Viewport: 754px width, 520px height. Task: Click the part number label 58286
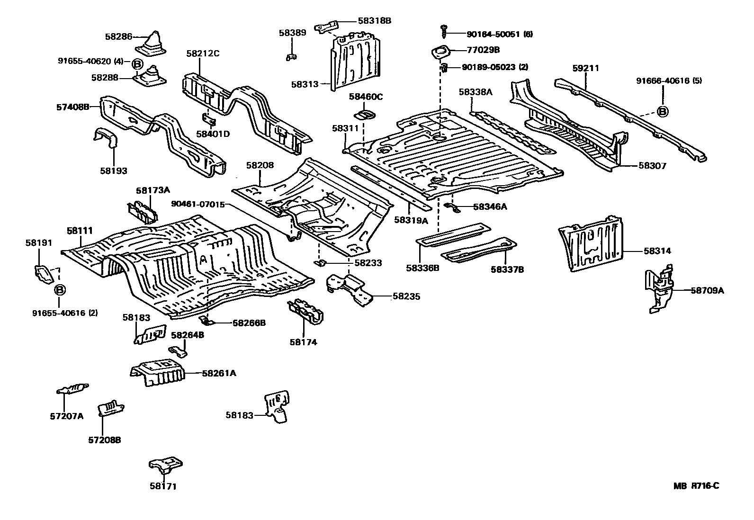point(118,36)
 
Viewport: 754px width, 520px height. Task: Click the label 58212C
point(202,54)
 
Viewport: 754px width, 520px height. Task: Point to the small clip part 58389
point(291,57)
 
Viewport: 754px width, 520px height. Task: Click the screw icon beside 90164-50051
point(445,31)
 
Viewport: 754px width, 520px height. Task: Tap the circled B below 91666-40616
point(663,112)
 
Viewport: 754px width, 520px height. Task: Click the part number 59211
point(585,68)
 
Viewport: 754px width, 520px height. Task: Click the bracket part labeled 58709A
point(660,290)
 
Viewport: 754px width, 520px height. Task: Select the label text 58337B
point(507,269)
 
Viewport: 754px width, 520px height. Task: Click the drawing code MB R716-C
point(697,486)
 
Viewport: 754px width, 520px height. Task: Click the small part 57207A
point(72,389)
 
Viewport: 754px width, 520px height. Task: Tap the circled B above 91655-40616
point(60,289)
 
